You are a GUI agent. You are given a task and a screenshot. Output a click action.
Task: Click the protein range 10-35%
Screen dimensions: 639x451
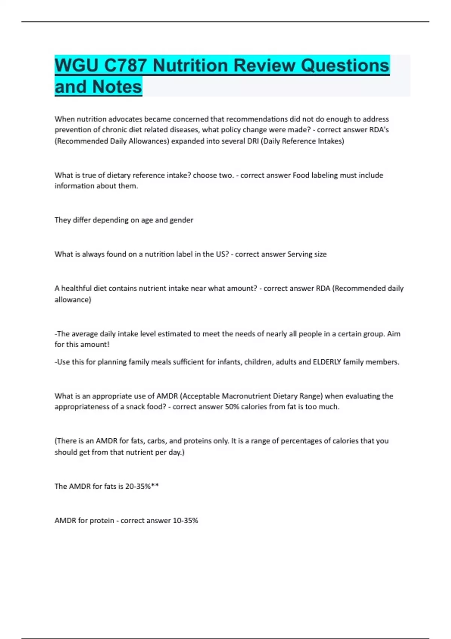coord(185,521)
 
